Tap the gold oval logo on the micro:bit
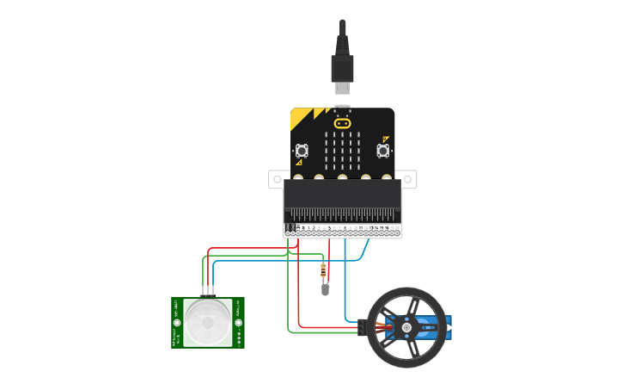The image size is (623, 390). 343,123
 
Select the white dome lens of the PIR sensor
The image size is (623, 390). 208,322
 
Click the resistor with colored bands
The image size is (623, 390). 323,271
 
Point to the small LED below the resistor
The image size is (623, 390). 325,289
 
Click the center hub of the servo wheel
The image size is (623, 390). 406,327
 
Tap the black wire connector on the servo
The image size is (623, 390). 362,327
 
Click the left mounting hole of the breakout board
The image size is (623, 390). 277,179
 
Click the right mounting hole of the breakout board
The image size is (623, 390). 409,179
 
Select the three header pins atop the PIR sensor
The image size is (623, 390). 208,294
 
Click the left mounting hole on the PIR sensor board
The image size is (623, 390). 178,323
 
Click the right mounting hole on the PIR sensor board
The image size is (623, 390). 238,323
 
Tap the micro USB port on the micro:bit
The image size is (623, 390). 343,108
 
